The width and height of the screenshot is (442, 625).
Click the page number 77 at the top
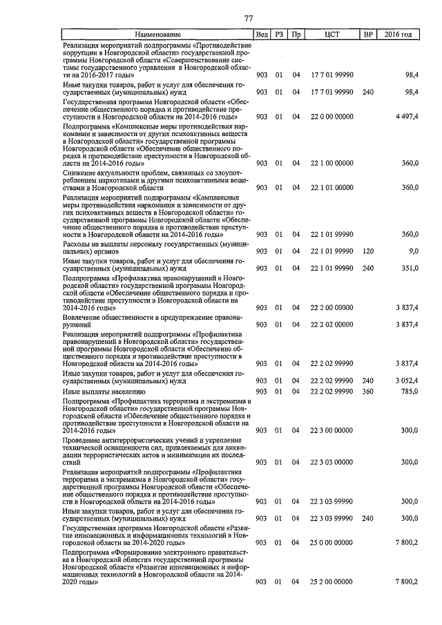point(249,19)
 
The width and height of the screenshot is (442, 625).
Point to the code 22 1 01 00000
point(331,188)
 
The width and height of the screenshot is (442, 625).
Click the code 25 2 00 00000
point(331,583)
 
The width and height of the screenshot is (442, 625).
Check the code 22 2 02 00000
point(331,324)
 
